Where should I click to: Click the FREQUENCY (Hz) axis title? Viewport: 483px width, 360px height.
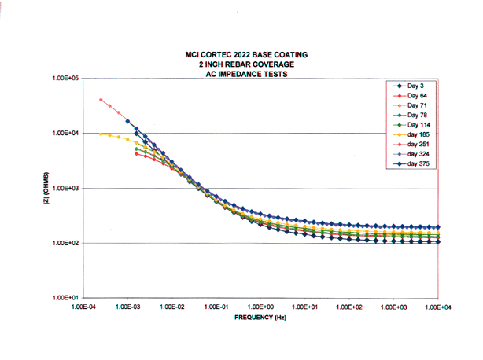(x=260, y=320)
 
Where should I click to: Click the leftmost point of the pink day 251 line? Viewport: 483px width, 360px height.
(x=101, y=100)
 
